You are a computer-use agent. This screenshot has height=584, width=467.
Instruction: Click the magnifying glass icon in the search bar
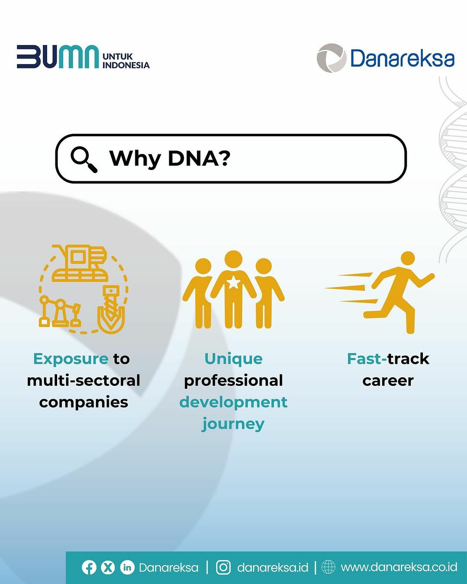coord(84,159)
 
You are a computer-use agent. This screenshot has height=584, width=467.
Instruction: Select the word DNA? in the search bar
coord(199,158)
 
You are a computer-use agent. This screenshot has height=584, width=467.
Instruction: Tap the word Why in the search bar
coord(135,159)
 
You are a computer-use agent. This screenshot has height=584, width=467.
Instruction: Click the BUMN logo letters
coord(58,56)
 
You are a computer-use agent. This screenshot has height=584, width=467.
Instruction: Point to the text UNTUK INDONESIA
coord(126,61)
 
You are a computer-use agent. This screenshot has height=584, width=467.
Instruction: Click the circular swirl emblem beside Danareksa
coord(332,58)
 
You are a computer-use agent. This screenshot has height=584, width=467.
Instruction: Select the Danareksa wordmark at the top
coord(403,58)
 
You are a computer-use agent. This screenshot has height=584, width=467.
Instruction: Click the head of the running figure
coord(408,259)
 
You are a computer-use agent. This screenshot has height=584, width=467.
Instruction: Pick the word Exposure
coord(71,359)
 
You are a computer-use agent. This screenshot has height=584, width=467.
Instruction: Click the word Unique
coord(233,359)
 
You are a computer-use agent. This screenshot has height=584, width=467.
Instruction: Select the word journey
coord(233,425)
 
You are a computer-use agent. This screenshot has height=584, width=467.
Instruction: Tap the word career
coord(388,381)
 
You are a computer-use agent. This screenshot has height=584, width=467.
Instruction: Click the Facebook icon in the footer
coord(89,567)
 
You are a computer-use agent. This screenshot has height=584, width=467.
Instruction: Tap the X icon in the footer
coord(108,567)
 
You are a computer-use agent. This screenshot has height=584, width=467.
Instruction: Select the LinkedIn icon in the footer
coord(127,567)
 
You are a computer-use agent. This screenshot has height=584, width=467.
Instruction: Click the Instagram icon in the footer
coord(223,567)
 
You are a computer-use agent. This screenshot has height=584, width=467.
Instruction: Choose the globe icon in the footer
coord(328,567)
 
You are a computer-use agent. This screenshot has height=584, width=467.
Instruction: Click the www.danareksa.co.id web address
coord(399,568)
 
